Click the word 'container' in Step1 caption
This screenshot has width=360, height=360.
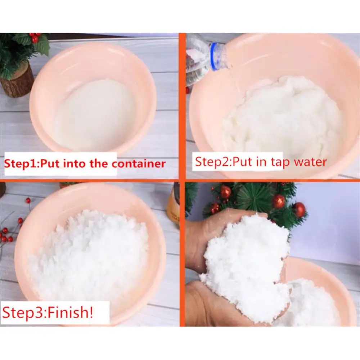click(139, 164)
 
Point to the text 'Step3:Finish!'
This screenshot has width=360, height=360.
click(48, 312)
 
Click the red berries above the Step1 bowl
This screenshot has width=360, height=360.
click(35, 37)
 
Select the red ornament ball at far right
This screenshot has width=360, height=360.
click(299, 210)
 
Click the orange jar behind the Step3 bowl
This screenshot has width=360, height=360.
click(174, 204)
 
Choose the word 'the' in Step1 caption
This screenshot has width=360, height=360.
click(98, 164)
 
